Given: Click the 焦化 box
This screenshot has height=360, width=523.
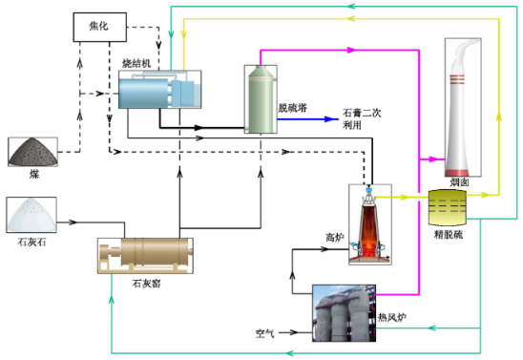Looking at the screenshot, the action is click(x=99, y=27).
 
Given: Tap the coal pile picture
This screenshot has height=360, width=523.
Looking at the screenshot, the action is click(x=32, y=152).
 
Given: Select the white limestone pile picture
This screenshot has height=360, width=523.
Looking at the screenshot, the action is click(x=31, y=215).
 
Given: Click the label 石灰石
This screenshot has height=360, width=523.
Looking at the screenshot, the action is click(x=31, y=242).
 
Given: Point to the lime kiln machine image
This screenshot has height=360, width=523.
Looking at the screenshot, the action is click(x=145, y=256).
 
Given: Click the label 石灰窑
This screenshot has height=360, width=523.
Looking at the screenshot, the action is click(x=146, y=284).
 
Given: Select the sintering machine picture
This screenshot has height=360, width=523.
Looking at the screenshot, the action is click(x=159, y=89).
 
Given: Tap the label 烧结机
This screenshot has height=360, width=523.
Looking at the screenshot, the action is click(x=136, y=63).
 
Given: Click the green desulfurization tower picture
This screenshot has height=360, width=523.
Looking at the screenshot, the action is click(x=261, y=99).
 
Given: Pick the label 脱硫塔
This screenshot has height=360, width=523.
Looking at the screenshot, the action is click(x=293, y=108).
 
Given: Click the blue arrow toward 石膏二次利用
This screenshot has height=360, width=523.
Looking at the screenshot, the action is click(x=308, y=118).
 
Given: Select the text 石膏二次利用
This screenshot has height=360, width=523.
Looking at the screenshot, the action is click(x=362, y=118).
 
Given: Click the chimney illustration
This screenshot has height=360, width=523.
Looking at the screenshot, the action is click(x=463, y=107).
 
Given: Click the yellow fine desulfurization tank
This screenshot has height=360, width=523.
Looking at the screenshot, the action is click(x=447, y=207).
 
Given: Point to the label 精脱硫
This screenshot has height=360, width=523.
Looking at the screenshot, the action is click(x=449, y=235).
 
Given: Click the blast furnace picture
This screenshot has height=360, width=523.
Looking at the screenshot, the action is click(x=370, y=224).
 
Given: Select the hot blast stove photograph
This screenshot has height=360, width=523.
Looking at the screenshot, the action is click(x=344, y=313).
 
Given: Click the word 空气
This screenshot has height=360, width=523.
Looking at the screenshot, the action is click(x=264, y=333).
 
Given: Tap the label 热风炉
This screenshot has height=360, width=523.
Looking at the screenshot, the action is click(x=392, y=317).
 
